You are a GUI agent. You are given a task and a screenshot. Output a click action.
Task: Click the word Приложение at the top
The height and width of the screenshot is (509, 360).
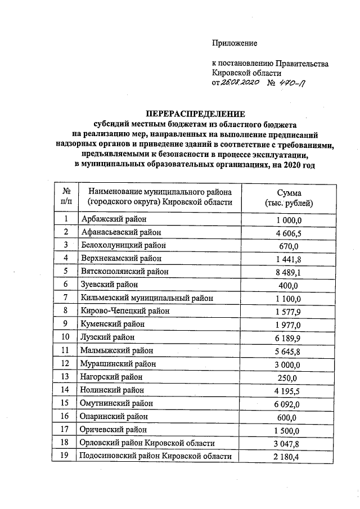pos(234,43)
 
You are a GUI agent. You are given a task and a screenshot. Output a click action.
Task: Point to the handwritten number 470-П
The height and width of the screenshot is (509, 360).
pos(293,83)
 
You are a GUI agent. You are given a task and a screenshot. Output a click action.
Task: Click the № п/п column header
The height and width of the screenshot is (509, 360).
pos(66,196)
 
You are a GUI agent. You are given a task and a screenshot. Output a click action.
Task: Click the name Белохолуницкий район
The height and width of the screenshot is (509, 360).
pos(119,245)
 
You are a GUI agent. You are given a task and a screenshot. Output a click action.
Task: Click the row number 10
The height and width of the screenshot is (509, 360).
pos(66,337)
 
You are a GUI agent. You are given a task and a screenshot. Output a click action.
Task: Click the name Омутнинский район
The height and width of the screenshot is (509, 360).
pos(116,403)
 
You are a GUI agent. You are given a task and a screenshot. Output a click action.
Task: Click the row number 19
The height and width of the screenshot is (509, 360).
pos(66,456)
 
